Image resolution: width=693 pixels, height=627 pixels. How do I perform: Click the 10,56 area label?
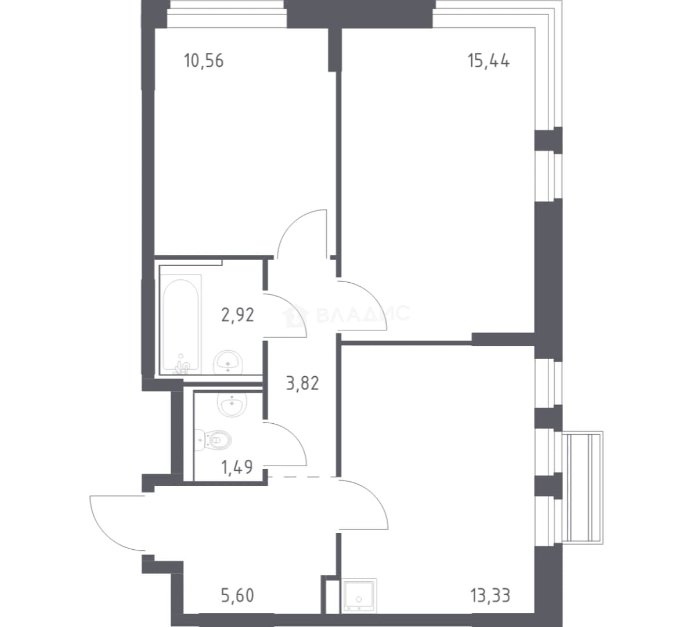tap(204, 60)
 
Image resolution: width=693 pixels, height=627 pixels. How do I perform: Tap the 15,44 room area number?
tap(488, 60)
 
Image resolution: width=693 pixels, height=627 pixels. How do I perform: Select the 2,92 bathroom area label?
tap(238, 315)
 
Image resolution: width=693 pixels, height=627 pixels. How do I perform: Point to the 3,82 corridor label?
tap(303, 383)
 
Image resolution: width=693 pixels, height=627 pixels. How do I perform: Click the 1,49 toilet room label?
tap(237, 467)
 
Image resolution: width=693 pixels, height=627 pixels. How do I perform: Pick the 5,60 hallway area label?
tap(238, 596)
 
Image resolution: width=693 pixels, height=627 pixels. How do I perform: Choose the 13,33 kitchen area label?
tap(490, 596)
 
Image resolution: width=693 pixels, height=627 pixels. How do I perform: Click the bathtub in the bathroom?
tap(182, 325)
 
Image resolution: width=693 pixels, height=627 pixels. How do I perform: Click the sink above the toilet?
tap(233, 403)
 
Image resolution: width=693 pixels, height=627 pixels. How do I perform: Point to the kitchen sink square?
tap(359, 596)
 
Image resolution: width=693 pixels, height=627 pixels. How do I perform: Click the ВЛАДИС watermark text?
tap(362, 314)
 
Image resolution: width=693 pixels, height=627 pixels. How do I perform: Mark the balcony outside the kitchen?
tap(583, 487)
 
